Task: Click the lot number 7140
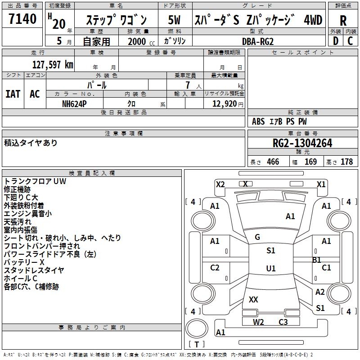[x=23, y=19]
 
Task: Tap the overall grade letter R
[x=343, y=21]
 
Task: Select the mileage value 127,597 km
[x=53, y=65]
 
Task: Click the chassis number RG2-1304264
[x=302, y=144]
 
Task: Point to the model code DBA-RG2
[x=257, y=41]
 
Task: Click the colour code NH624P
[x=75, y=103]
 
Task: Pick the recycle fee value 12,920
[x=224, y=103]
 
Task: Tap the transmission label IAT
[x=13, y=94]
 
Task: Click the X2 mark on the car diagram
[x=220, y=184]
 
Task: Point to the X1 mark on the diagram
[x=321, y=184]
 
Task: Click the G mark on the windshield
[x=257, y=237]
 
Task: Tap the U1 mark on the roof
[x=271, y=269]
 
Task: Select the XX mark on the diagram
[x=253, y=299]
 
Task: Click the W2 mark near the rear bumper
[x=258, y=322]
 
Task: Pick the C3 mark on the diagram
[x=283, y=322]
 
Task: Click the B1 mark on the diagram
[x=317, y=260]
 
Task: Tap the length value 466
[x=272, y=162]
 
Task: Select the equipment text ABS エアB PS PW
[x=279, y=121]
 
